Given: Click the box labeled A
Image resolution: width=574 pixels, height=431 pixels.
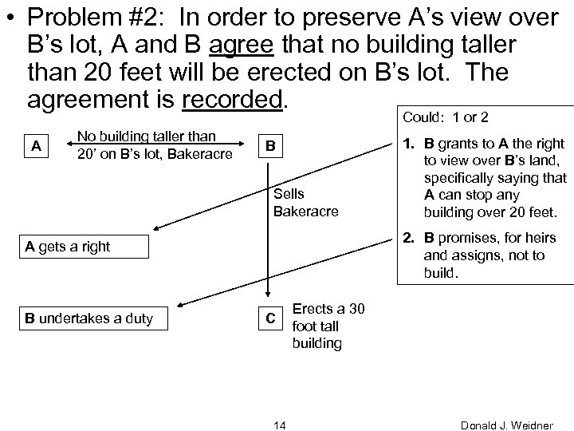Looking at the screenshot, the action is tap(32, 146).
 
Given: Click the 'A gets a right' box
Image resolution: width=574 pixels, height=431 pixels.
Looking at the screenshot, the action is tap(83, 247).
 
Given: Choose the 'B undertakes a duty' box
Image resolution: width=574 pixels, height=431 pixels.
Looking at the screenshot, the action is tap(83, 320).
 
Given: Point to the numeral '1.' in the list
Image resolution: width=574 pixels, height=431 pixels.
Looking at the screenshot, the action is tap(407, 144).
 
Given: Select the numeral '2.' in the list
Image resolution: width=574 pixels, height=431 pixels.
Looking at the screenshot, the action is tap(407, 240).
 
